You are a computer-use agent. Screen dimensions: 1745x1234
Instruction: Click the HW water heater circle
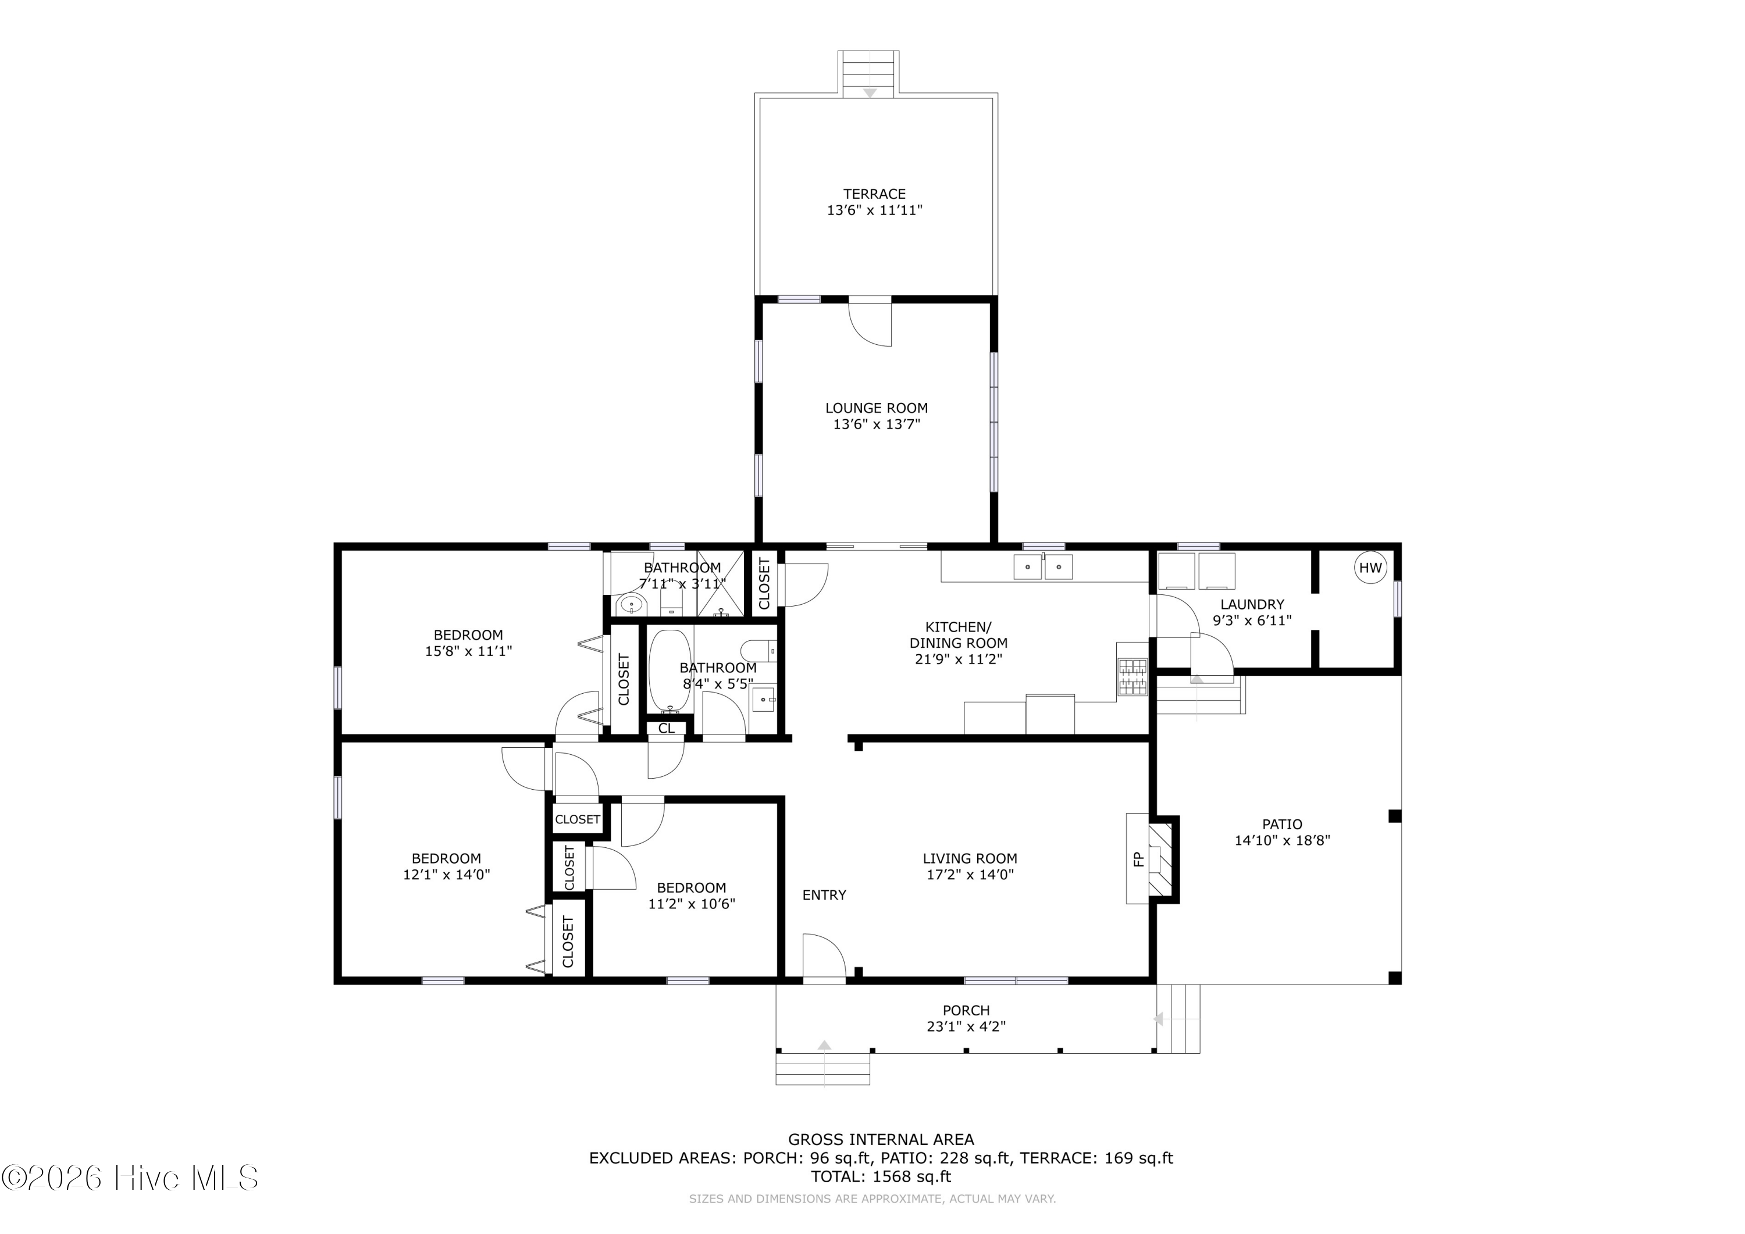[1370, 568]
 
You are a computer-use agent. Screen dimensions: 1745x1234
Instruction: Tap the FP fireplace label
[1138, 859]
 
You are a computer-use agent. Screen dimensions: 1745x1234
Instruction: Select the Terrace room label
[874, 194]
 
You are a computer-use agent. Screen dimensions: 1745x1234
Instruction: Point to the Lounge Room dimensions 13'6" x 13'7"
[877, 425]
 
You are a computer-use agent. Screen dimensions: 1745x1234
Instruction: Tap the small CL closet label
[667, 728]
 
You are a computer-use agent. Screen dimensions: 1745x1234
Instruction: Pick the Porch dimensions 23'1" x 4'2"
[966, 1026]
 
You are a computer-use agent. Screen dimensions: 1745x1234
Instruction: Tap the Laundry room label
[1252, 604]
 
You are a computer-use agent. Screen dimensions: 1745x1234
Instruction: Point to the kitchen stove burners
[1133, 676]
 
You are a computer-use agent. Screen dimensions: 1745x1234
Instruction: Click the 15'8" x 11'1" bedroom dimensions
[468, 651]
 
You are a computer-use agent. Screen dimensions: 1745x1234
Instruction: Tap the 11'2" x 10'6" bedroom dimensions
[692, 904]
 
